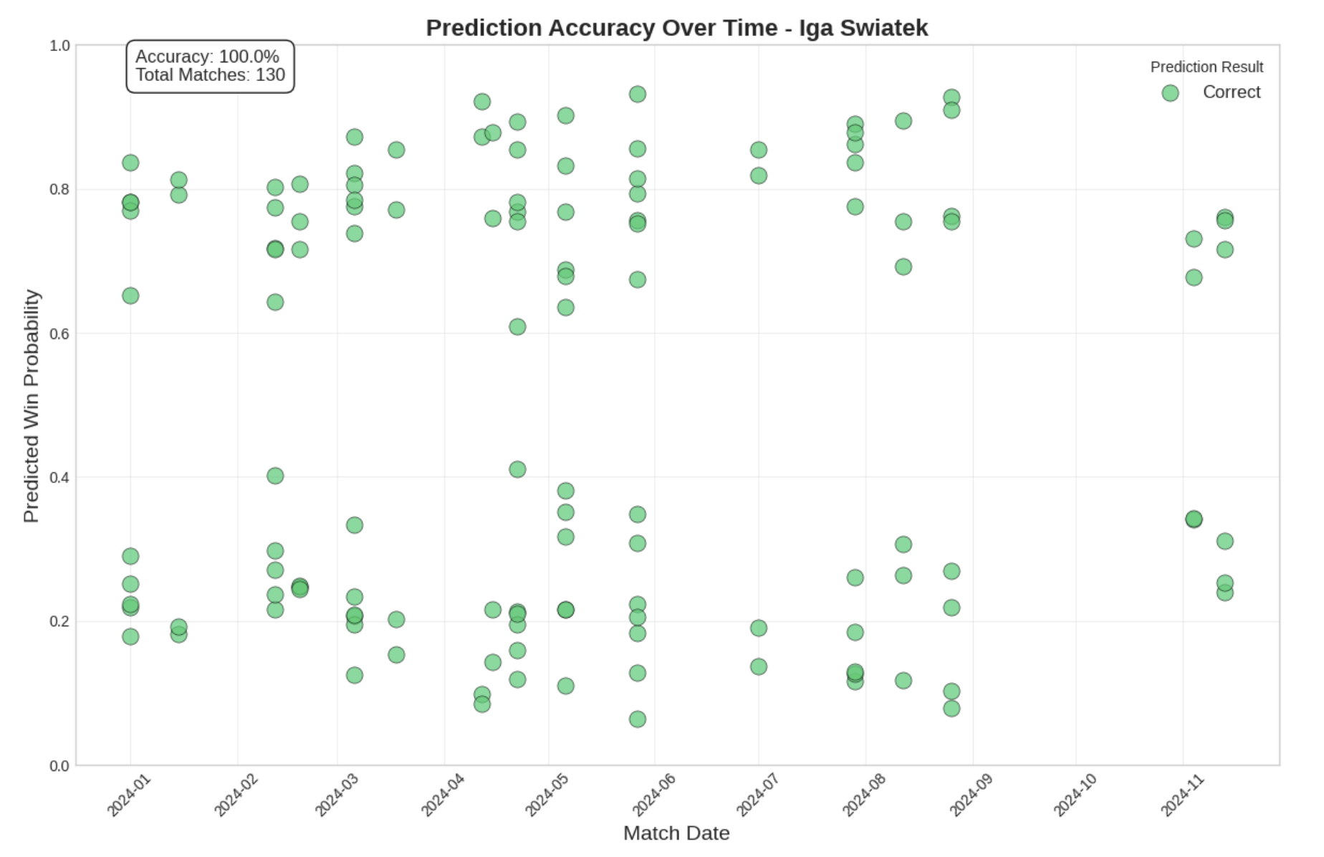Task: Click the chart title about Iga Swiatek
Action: click(x=676, y=28)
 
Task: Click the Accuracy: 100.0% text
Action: click(x=207, y=57)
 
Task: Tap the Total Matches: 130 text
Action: click(x=210, y=75)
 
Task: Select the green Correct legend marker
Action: click(x=1170, y=93)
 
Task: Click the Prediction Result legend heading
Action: click(x=1207, y=67)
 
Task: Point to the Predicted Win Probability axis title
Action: click(x=31, y=406)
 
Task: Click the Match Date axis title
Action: click(x=676, y=833)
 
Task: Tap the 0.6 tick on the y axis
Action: click(x=59, y=334)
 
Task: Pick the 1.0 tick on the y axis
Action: click(x=59, y=46)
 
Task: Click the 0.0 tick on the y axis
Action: click(x=59, y=766)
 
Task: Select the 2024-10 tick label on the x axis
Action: click(x=1075, y=795)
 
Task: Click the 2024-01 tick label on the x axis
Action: click(x=129, y=795)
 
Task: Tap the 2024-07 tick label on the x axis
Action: click(x=757, y=795)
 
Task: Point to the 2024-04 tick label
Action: click(x=443, y=795)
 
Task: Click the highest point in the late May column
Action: click(x=638, y=94)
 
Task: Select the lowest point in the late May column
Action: click(x=638, y=719)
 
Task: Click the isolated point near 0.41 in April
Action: click(x=517, y=469)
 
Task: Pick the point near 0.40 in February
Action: click(x=275, y=476)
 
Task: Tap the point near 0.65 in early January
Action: click(x=130, y=296)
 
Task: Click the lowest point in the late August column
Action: click(x=951, y=708)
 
